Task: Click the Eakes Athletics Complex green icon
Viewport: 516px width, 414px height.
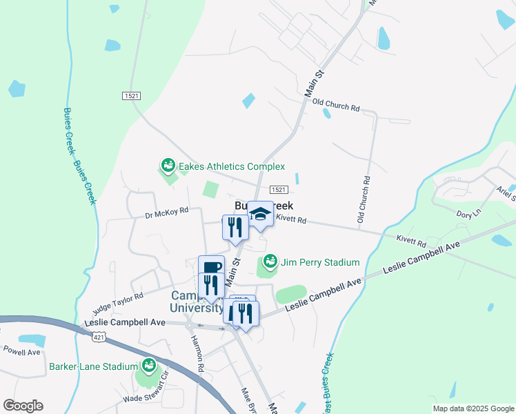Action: pyautogui.click(x=168, y=166)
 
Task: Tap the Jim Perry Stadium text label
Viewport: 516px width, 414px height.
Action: pyautogui.click(x=319, y=262)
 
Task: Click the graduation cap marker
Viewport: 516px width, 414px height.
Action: pyautogui.click(x=260, y=214)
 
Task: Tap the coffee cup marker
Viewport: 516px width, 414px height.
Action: pyautogui.click(x=211, y=267)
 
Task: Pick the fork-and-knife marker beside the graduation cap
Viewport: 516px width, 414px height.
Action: pyautogui.click(x=235, y=227)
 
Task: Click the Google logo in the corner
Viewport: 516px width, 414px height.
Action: pyautogui.click(x=23, y=406)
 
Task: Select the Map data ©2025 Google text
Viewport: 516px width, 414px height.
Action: pyautogui.click(x=473, y=408)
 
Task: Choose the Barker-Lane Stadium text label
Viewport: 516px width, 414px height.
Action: pyautogui.click(x=90, y=366)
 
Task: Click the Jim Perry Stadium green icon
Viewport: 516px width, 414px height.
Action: pyautogui.click(x=270, y=262)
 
